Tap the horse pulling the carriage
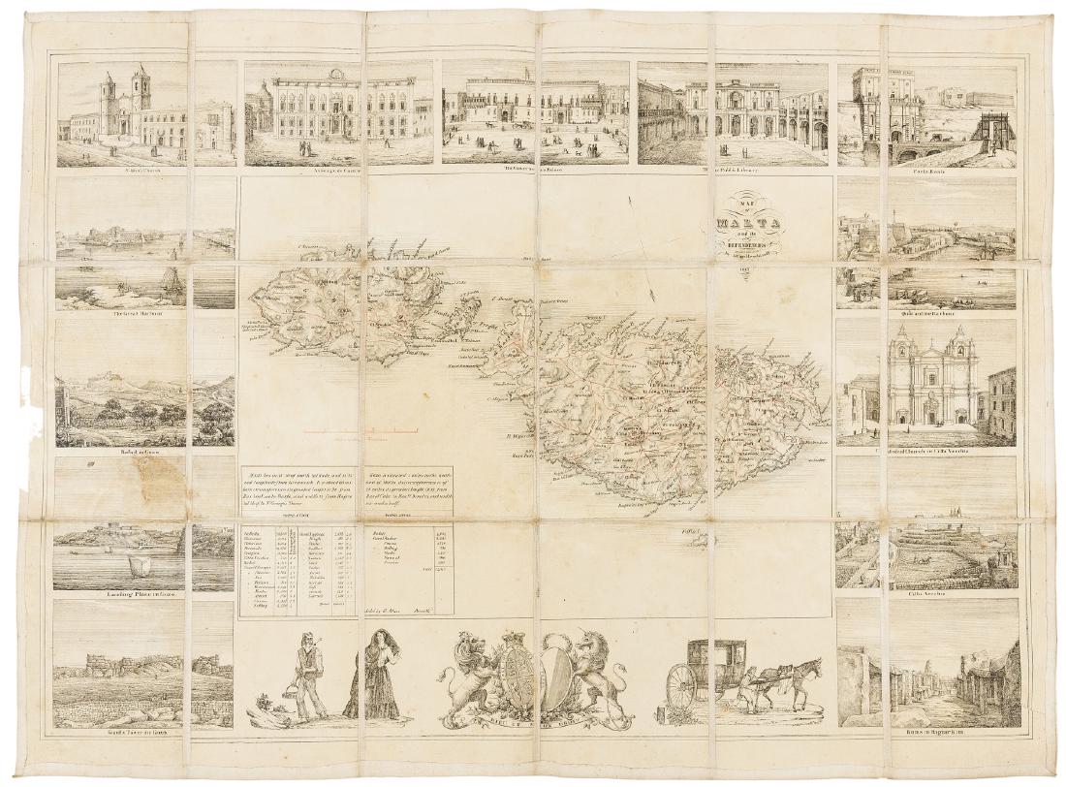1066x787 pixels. (x=795, y=678)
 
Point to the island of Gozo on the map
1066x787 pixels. (x=320, y=310)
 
